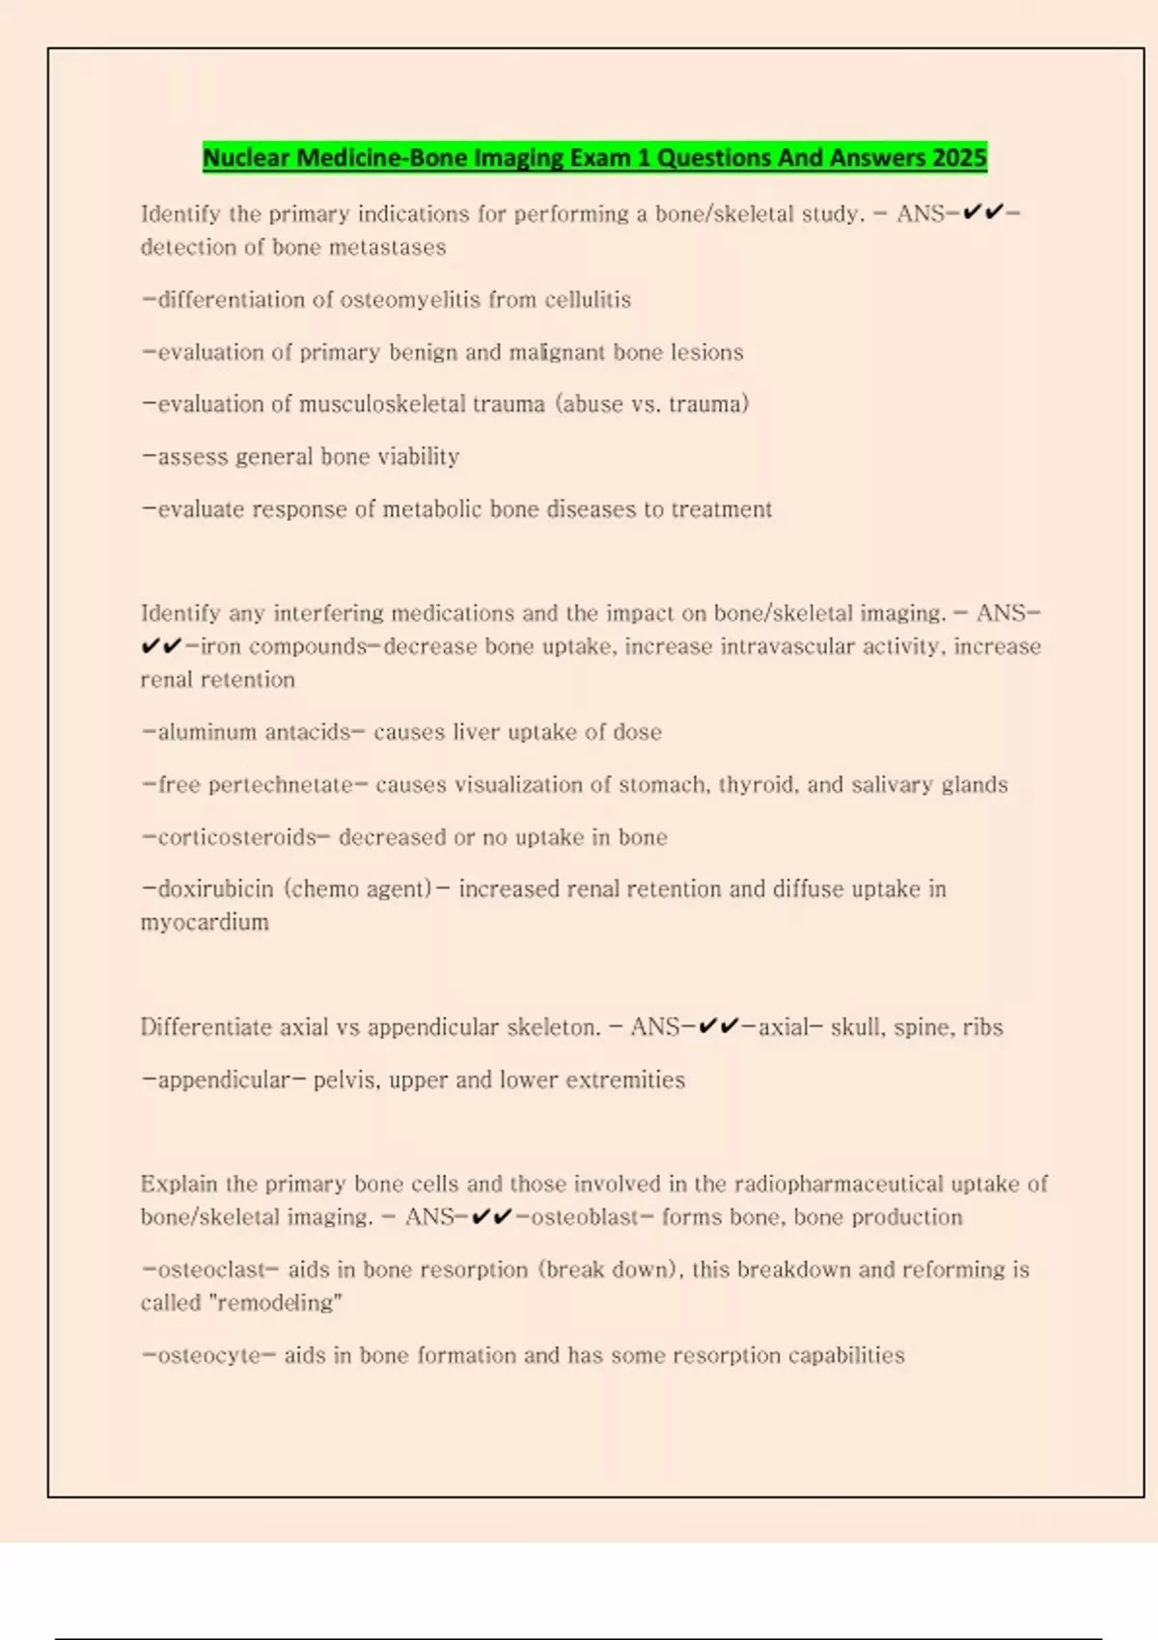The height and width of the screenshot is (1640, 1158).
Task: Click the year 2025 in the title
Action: point(959,157)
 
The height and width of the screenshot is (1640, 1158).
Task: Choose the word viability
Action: point(418,456)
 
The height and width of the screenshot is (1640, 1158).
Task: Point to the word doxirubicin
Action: point(215,889)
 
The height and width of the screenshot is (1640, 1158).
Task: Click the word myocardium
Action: point(205,922)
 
